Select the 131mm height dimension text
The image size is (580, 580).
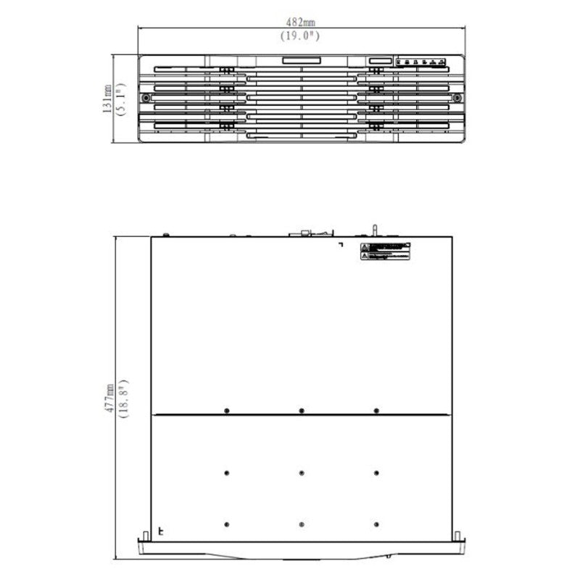click(107, 98)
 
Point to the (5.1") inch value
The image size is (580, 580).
click(120, 98)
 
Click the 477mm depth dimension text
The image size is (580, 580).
click(109, 399)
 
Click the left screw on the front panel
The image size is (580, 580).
click(147, 98)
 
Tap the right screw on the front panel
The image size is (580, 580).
click(457, 98)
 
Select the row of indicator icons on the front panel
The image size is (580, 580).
click(421, 62)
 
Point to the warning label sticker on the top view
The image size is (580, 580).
click(386, 252)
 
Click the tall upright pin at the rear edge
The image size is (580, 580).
click(374, 230)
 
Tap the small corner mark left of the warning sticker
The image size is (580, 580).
click(341, 245)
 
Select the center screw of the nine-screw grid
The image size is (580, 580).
click(301, 472)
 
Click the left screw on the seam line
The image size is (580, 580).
click(227, 411)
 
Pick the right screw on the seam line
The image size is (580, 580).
click(376, 411)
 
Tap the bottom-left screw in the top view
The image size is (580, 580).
click(227, 524)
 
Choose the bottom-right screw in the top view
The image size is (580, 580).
click(376, 524)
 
